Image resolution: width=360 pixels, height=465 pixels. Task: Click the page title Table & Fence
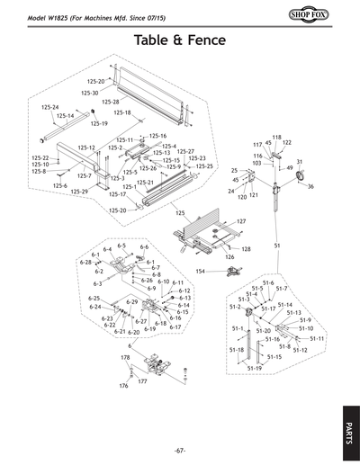coord(180,40)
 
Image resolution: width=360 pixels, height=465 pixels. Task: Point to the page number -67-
coord(180,450)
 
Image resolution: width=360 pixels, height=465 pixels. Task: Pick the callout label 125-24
coord(50,107)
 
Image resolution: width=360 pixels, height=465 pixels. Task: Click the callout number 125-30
coord(90,93)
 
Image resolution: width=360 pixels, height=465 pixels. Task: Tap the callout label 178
coord(126,358)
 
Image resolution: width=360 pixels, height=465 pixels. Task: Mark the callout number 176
coord(123,386)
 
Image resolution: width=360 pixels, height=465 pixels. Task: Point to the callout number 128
coord(246,248)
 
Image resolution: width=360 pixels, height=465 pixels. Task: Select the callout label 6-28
coord(86,262)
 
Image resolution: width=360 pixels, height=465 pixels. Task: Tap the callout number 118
coord(277,137)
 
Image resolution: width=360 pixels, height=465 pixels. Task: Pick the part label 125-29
coord(79,192)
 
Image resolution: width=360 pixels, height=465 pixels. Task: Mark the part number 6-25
coord(94,298)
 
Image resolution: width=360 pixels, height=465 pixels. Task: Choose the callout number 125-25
coord(204,166)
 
